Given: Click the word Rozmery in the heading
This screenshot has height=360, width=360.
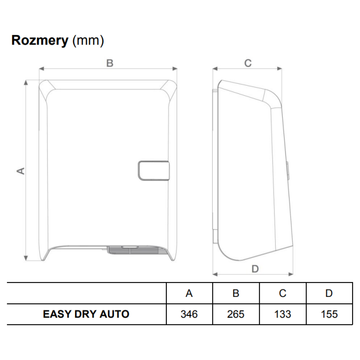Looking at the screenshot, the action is tap(40, 40).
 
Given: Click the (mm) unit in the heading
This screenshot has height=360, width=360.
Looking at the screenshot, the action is tap(88, 41).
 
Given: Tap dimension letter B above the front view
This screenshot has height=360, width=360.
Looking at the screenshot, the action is tap(110, 63).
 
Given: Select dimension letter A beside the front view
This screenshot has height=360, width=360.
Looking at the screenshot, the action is tap(21, 171).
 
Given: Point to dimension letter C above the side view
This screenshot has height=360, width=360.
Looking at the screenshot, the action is tap(248, 63).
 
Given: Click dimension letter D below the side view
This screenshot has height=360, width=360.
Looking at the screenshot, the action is tap(255, 269).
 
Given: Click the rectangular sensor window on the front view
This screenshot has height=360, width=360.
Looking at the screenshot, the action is tap(154, 170).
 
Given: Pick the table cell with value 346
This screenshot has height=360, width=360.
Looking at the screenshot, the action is tap(189, 314).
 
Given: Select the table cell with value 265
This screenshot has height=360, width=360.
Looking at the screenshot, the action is tap(236, 314).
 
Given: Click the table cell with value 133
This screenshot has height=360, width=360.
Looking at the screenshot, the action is tap(283, 314).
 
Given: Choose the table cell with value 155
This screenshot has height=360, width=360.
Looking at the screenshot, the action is tap(329, 314).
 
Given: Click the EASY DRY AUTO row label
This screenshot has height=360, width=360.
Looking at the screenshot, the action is tap(86, 314).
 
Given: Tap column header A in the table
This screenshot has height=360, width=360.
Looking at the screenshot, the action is tap(189, 293).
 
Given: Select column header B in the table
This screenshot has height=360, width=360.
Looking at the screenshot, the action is tap(236, 293).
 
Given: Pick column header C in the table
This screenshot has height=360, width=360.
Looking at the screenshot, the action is tap(283, 293).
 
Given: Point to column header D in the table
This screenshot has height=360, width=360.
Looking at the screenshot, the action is tap(329, 293).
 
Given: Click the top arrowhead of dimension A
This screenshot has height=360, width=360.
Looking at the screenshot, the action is tap(26, 82).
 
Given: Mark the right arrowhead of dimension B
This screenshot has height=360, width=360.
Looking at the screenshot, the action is tap(175, 69).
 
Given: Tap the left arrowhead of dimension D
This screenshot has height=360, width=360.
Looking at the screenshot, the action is tap(215, 274).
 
